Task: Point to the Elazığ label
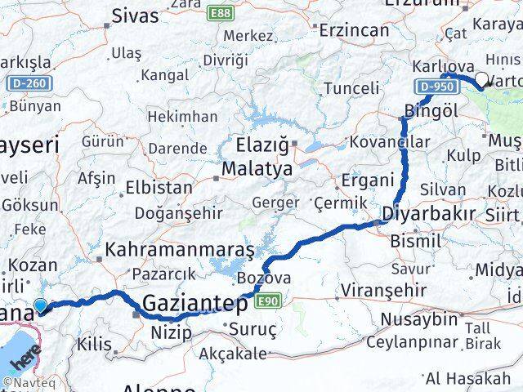(262, 147)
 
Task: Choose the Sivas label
(136, 16)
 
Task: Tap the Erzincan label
(355, 30)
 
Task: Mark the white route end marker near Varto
(481, 80)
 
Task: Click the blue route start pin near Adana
(40, 306)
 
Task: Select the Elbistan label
(159, 186)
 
